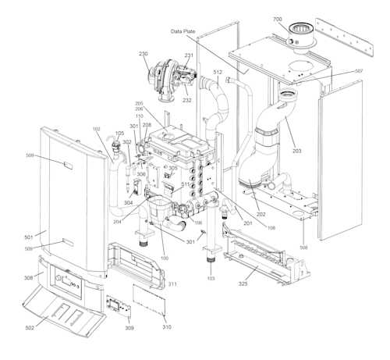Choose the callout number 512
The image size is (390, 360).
click(x=217, y=73)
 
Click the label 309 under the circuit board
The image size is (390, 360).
click(x=129, y=328)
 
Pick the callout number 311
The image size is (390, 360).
click(x=172, y=284)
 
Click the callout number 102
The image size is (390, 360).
click(x=96, y=128)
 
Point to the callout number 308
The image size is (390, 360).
click(x=29, y=277)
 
